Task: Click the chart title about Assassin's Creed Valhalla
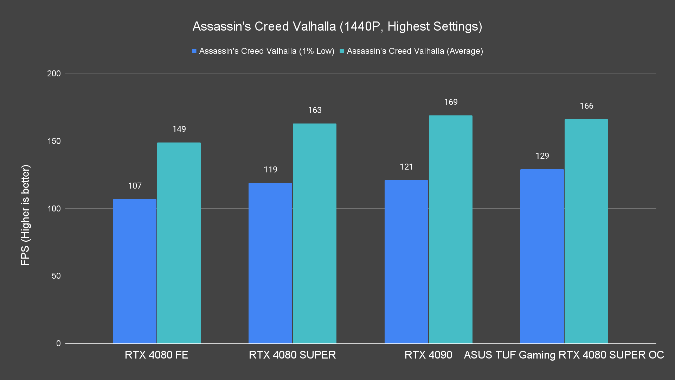coord(337,26)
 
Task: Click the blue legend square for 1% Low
coord(194,51)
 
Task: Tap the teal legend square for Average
coord(342,51)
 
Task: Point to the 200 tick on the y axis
coord(54,74)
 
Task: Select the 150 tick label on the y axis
coord(54,141)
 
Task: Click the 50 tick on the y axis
coord(56,276)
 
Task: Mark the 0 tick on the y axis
coord(58,343)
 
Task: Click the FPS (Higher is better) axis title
coord(25,215)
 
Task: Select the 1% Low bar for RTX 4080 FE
coord(135,271)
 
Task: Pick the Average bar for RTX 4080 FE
coord(179,243)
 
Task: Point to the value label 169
coord(451,102)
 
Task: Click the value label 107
coord(135,186)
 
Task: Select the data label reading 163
coord(315,110)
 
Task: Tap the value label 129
coord(542,156)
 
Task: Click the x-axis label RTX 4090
coord(428,355)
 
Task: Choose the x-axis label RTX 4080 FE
coord(156,355)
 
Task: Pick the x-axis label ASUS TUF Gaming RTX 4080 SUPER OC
coord(564,355)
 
